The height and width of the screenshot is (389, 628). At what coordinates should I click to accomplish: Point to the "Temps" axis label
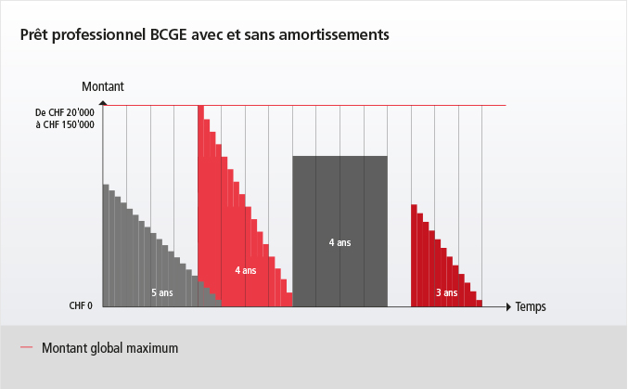coord(531,305)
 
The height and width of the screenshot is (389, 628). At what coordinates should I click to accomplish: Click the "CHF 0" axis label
coord(81,305)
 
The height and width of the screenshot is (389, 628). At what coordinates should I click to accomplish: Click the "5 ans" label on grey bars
coord(162,292)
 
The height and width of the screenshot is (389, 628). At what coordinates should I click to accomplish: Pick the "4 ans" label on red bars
coord(245,270)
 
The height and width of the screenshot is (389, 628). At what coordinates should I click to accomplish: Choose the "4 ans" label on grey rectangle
coord(340,242)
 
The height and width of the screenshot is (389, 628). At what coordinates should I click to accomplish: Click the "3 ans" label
coord(446,292)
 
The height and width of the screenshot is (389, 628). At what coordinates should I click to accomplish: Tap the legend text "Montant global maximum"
coord(109,348)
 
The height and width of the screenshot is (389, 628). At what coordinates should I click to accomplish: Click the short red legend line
coord(26,349)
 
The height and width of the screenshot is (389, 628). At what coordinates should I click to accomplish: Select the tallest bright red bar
coord(200,204)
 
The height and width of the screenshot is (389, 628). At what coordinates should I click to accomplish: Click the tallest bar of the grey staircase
coord(106,245)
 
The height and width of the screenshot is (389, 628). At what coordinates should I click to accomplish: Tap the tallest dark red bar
coord(414,255)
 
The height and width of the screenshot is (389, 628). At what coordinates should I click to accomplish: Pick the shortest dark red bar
coord(479,303)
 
